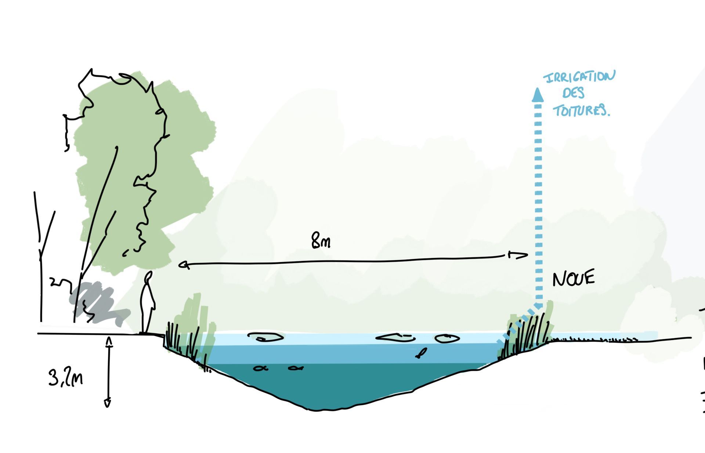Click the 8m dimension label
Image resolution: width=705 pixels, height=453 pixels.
click(321, 241)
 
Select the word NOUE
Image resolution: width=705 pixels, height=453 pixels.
click(573, 279)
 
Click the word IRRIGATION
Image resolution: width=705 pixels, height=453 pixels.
click(579, 77)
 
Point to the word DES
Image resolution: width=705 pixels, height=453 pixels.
click(573, 93)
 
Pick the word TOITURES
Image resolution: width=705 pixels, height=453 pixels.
click(581, 110)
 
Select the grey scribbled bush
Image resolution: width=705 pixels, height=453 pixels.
click(97, 303)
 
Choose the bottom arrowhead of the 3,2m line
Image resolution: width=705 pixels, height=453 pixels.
click(108, 403)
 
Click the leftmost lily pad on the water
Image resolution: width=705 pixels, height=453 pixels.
click(265, 337)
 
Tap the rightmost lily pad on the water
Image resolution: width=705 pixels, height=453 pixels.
click(447, 338)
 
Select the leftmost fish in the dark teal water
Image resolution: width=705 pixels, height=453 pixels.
click(260, 368)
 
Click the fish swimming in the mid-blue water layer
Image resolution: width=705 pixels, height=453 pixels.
click(420, 353)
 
